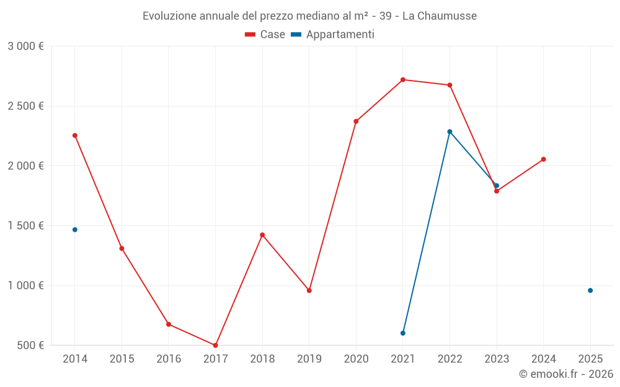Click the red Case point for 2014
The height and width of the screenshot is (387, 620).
click(x=75, y=136)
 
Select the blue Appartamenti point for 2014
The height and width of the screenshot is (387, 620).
click(x=75, y=230)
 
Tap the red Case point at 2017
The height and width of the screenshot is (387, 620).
click(x=215, y=346)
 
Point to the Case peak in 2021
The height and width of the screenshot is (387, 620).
click(x=403, y=80)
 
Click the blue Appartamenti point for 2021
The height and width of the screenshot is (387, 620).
click(x=403, y=333)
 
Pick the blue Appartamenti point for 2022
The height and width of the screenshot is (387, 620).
click(x=449, y=132)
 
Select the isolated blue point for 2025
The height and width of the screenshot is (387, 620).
click(x=590, y=290)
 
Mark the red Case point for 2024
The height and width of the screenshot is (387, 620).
click(x=543, y=159)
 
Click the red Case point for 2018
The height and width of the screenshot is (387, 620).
click(x=262, y=235)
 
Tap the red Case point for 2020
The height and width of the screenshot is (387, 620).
click(x=356, y=121)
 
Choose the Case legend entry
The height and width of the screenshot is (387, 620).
click(x=265, y=35)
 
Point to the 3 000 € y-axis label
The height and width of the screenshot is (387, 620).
click(x=25, y=46)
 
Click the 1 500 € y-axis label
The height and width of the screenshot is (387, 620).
click(x=25, y=226)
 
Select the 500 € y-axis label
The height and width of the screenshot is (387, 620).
click(x=30, y=346)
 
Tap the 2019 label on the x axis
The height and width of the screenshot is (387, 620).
click(x=309, y=359)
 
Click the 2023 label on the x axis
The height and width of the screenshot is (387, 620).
click(x=497, y=359)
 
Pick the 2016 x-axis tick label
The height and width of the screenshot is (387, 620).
click(x=169, y=359)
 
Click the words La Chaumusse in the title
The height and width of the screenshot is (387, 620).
click(x=440, y=16)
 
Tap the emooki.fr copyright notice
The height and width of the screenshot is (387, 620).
click(x=566, y=374)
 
